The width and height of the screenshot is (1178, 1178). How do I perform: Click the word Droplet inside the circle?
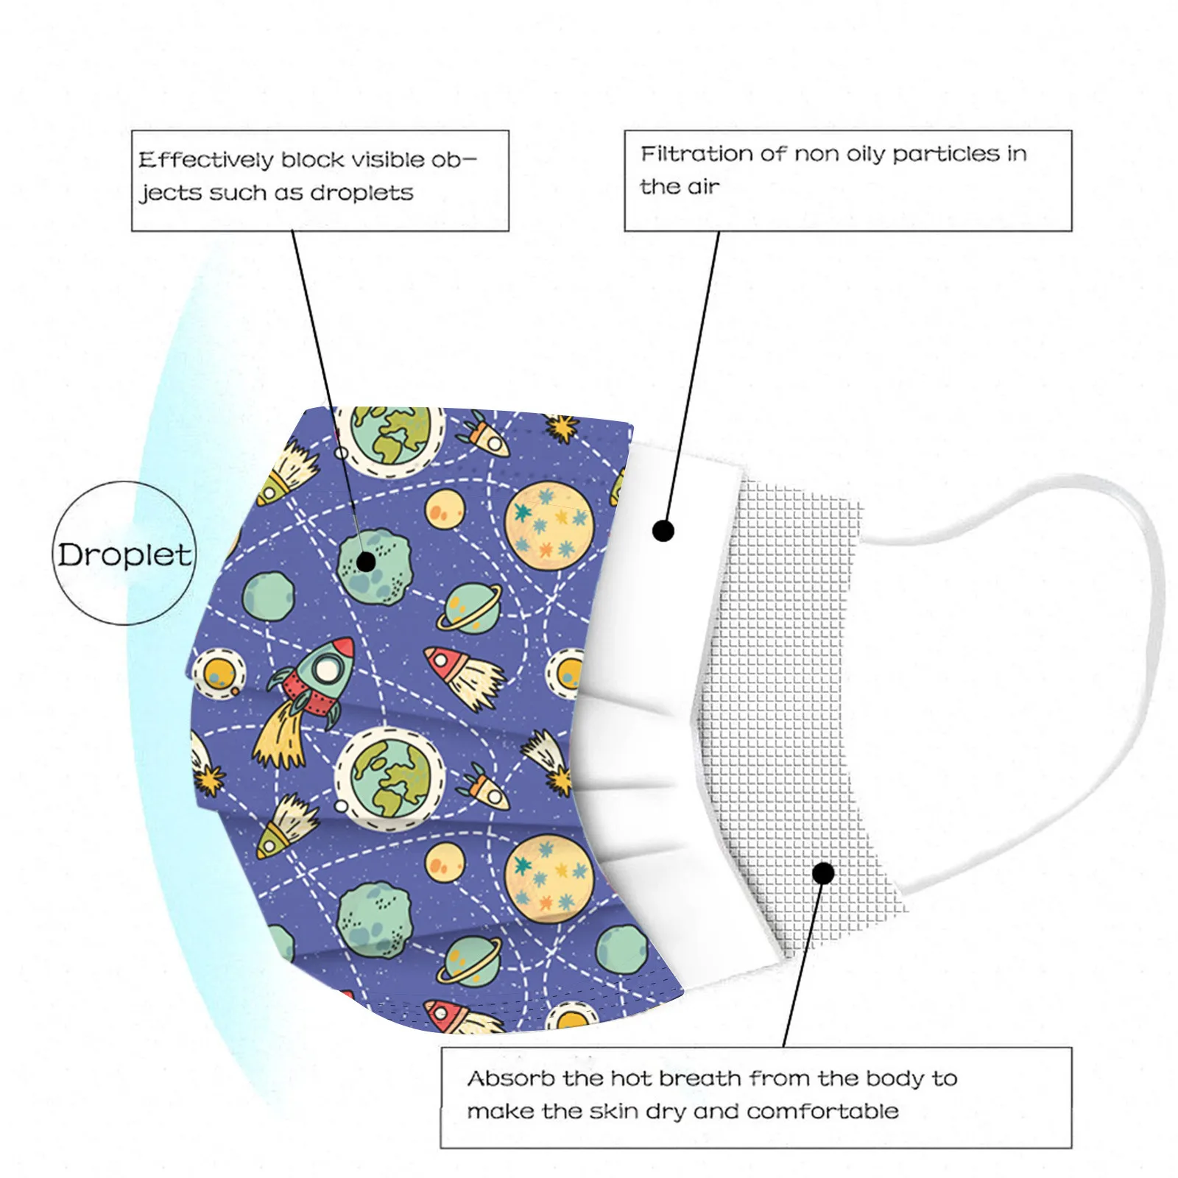click(x=124, y=554)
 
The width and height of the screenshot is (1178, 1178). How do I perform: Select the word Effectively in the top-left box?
click(x=205, y=160)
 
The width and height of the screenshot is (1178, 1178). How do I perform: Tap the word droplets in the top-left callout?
click(x=361, y=193)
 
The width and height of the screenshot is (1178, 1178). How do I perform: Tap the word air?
click(x=702, y=187)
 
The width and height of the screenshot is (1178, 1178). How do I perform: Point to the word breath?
click(x=699, y=1079)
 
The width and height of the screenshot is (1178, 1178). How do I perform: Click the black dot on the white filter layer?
click(x=663, y=530)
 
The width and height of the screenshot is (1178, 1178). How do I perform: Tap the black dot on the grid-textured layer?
click(x=824, y=873)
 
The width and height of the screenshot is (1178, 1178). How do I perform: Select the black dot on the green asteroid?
click(x=366, y=562)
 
